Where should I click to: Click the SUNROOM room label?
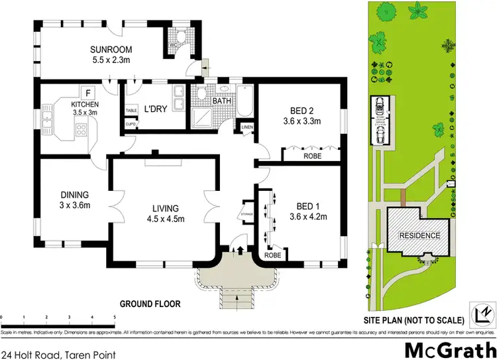111,49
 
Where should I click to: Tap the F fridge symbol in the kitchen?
86,92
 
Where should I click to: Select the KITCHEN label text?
85,105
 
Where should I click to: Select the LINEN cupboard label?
247,127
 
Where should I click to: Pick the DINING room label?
74,195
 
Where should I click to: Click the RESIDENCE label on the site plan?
418,235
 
